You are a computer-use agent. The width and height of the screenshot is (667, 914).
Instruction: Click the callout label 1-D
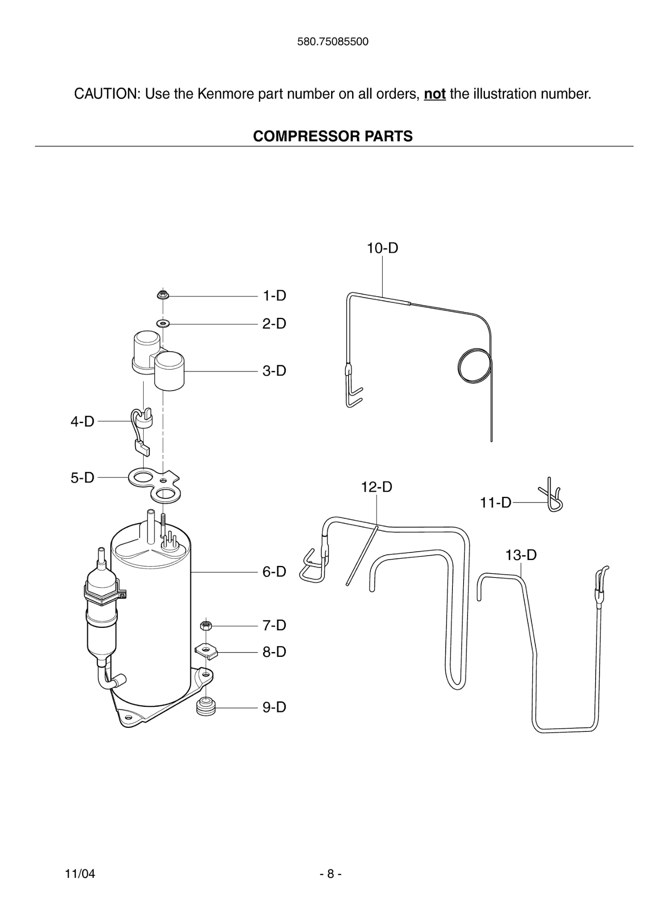tap(274, 295)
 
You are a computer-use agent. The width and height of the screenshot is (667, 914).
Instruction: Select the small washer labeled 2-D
tap(163, 323)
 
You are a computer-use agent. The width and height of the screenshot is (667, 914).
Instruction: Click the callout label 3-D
tap(274, 371)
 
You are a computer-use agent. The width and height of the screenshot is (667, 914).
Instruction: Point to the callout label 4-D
tap(83, 421)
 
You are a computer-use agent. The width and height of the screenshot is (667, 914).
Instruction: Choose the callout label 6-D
tap(274, 572)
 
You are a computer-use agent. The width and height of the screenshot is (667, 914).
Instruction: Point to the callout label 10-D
tap(382, 248)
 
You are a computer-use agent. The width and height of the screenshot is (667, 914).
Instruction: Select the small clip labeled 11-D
tap(553, 495)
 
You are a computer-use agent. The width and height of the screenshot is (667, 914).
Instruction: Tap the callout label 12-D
tap(377, 487)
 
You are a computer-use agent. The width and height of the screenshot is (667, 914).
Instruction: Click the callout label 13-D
tap(521, 555)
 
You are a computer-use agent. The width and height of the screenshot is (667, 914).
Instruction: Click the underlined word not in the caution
tap(435, 94)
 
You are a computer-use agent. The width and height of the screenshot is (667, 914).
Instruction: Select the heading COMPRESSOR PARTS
tap(333, 136)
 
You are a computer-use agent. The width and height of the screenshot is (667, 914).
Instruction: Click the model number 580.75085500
tap(333, 42)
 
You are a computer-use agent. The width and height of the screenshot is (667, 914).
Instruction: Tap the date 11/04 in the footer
tap(80, 874)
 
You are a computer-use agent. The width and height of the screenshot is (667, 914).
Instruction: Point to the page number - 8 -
tap(331, 874)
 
